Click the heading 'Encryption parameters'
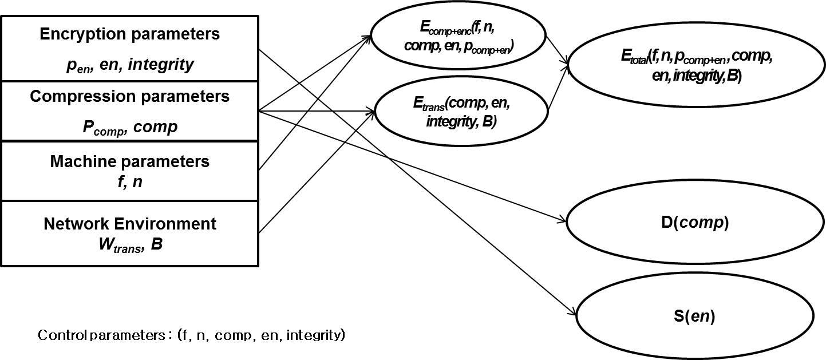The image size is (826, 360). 129,34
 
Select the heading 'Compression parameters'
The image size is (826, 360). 129,96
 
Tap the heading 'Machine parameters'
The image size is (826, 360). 129,161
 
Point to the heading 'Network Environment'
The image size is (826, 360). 129,223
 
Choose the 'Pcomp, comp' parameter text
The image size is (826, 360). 129,127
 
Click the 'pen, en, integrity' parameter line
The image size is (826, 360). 129,65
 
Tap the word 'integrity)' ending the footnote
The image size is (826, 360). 316,335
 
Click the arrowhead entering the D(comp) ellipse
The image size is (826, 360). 563,220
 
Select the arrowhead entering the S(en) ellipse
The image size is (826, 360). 573,312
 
